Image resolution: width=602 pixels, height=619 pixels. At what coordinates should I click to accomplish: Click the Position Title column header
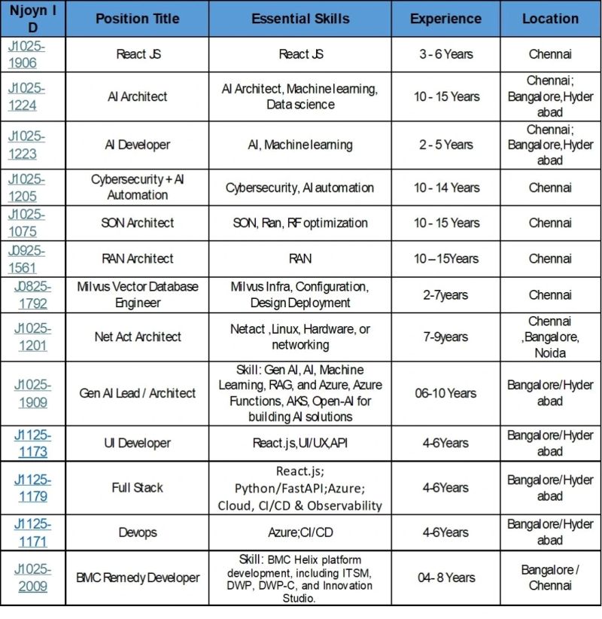[x=137, y=19]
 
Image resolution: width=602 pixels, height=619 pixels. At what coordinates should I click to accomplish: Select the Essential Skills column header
[x=300, y=19]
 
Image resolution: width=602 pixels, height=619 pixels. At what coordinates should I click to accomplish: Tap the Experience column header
[x=445, y=19]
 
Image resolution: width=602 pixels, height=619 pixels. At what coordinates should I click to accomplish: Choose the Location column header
[x=550, y=19]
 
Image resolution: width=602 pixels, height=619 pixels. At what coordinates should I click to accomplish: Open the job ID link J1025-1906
[x=26, y=54]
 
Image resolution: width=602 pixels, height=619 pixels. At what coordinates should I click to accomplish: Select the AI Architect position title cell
[x=137, y=96]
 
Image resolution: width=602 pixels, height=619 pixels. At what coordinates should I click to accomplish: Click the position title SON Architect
[x=137, y=223]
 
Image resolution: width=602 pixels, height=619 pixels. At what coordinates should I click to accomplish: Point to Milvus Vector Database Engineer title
[x=137, y=294]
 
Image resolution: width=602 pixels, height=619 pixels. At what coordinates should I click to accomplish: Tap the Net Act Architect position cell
[x=137, y=337]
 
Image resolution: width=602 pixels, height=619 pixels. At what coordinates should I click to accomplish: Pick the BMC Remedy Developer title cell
[x=137, y=578]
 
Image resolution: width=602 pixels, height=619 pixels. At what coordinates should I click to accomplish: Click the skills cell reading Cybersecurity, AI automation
[x=300, y=188]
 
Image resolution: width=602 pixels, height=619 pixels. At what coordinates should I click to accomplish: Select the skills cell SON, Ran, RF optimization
[x=300, y=223]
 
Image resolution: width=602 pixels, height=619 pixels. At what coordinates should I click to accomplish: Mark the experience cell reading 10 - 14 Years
[x=445, y=188]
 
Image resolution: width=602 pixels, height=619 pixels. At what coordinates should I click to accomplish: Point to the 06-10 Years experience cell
[x=445, y=393]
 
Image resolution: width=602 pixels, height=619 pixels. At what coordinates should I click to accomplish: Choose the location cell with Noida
[x=550, y=337]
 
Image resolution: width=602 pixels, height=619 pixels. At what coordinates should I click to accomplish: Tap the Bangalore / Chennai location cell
[x=550, y=578]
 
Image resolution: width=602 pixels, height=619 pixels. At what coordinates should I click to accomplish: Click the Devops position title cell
[x=137, y=532]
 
